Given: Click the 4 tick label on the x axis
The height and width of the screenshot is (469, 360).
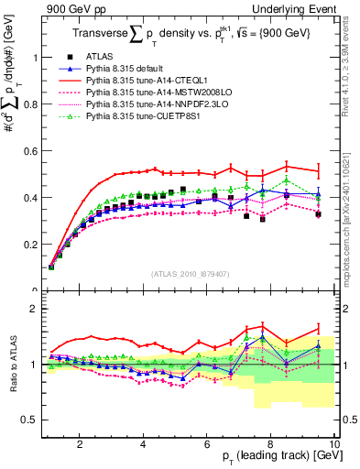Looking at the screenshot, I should pos(143,445).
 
